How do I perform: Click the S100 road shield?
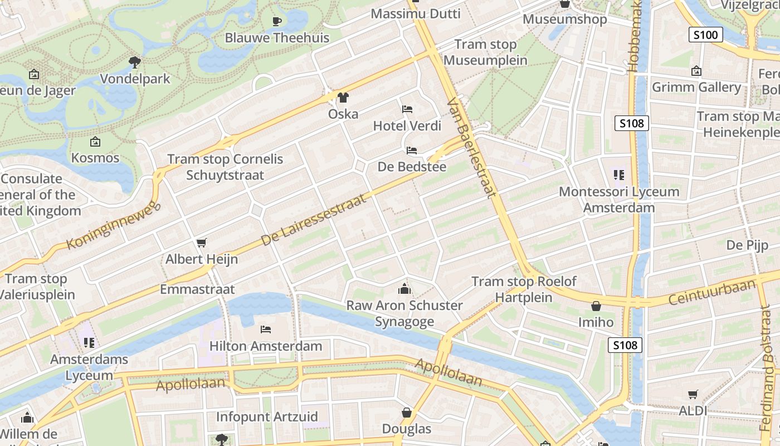706,35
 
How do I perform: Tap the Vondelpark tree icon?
134,62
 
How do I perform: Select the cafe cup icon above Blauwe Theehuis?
277,22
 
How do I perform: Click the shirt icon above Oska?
343,98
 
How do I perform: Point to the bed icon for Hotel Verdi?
407,109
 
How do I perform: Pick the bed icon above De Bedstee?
412,151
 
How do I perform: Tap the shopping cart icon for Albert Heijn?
201,243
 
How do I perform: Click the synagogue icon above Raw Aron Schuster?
404,289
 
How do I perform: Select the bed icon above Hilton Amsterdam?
265,329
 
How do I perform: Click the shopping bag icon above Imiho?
596,306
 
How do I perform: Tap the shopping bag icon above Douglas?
407,413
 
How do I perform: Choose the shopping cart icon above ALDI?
693,395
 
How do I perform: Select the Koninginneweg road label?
113,226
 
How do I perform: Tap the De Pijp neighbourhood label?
747,245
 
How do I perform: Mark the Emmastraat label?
197,289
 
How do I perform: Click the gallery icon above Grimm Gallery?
696,71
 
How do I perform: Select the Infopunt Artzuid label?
267,417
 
